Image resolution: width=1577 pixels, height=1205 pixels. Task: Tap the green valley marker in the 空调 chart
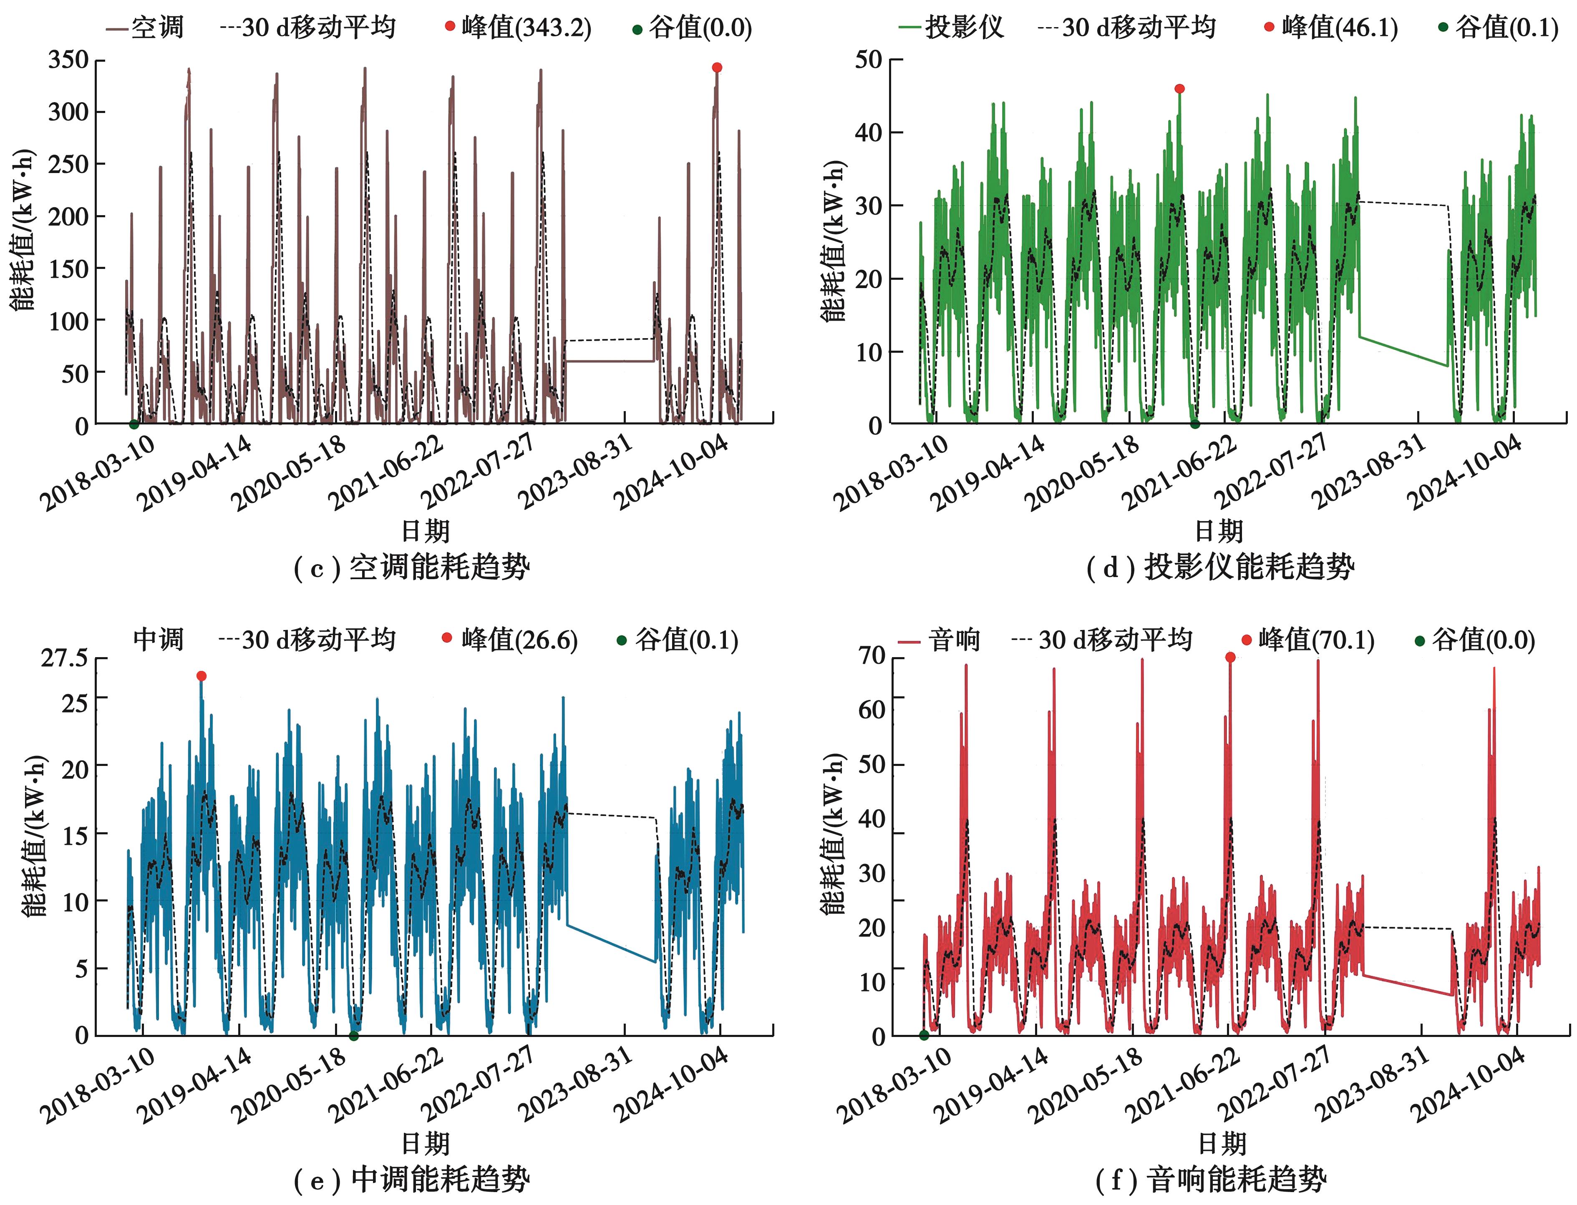coord(134,424)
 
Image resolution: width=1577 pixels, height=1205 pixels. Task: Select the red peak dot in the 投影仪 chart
coord(1179,89)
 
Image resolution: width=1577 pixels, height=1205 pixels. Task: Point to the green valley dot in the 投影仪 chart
coord(1194,424)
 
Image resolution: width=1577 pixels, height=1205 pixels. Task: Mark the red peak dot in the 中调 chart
coord(202,675)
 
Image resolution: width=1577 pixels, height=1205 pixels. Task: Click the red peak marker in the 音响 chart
coord(1230,657)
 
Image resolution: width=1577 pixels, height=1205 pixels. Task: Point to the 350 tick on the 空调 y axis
coord(68,60)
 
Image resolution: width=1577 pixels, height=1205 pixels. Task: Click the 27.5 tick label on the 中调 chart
coord(64,658)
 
